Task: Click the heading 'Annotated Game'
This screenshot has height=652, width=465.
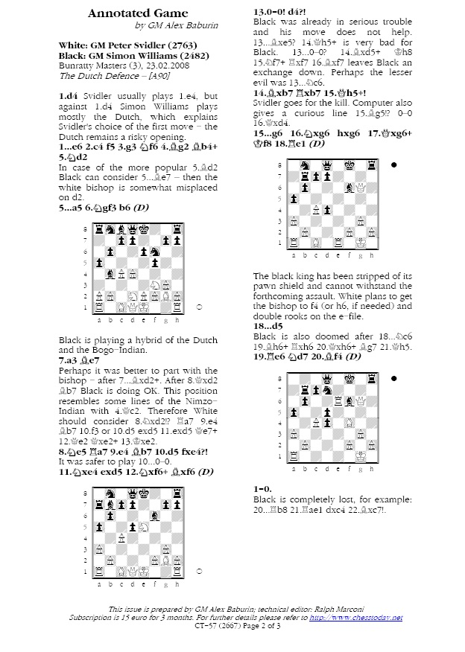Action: point(138,13)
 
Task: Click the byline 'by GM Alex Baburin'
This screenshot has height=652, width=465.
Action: point(172,26)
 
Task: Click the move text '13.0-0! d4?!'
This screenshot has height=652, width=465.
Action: point(279,13)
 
